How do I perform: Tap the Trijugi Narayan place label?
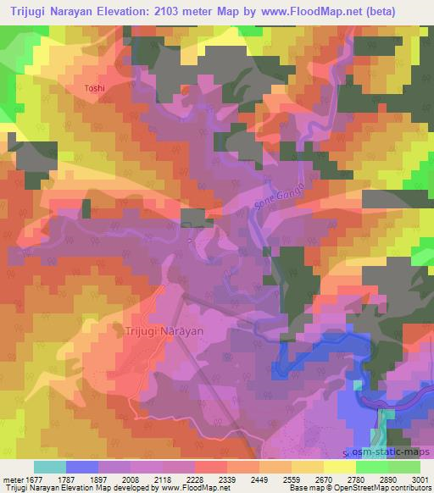coord(164,331)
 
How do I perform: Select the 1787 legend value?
coord(83,480)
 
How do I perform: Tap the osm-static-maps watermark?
coord(391,452)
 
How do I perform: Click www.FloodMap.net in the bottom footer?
coord(195,489)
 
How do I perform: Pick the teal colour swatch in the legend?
coord(50,467)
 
